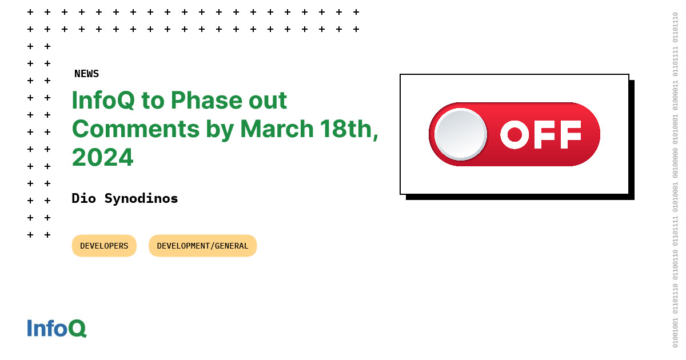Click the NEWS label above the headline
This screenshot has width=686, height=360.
tap(86, 74)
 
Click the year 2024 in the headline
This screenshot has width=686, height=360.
tap(102, 158)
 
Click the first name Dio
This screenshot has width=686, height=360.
tap(84, 198)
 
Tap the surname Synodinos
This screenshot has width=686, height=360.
tap(141, 198)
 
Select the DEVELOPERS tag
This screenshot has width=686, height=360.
tap(104, 246)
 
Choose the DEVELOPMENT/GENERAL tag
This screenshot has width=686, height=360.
tap(202, 246)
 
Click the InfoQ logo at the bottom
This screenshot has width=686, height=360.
tap(57, 328)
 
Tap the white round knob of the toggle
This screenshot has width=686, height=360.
tap(460, 134)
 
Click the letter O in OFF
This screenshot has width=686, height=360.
tap(514, 134)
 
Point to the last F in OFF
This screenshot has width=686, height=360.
tap(570, 134)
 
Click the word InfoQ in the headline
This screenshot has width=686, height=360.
tap(103, 101)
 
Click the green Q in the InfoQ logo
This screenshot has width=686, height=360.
tap(77, 328)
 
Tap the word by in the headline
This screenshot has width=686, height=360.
tap(220, 129)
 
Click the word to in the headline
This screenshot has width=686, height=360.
tap(153, 101)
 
